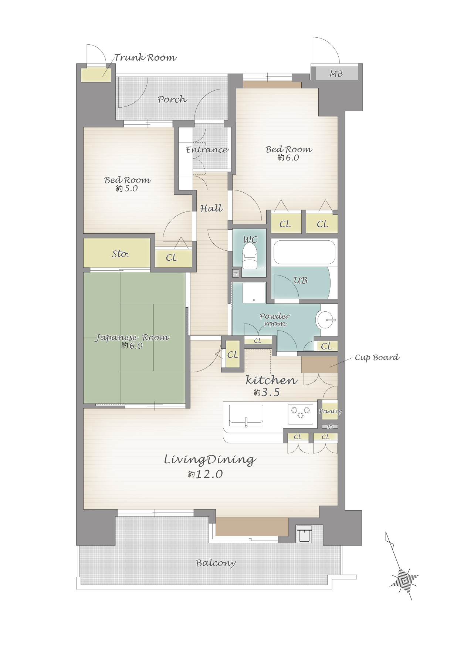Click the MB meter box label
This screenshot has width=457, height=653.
coord(336,74)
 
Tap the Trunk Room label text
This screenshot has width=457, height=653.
coord(145,57)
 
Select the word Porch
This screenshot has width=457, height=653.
coord(172,99)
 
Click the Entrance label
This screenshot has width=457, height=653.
coord(207,149)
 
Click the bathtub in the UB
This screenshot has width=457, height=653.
coord(304,252)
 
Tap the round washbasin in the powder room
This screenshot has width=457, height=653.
coord(325,319)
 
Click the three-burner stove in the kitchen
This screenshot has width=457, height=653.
coord(300,413)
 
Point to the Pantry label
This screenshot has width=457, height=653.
coord(330,411)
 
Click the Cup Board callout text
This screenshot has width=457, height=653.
coord(377,357)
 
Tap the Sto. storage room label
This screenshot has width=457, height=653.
coord(121,254)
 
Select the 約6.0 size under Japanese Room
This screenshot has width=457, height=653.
coord(132,345)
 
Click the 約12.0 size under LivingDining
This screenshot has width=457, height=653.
coord(205,474)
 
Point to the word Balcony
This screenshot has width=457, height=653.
coord(216,563)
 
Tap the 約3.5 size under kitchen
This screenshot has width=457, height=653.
coord(267,392)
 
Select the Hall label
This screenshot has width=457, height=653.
coord(211,208)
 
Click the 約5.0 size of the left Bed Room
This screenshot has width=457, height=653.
coord(127,188)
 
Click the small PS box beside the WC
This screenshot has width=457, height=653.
coord(236,274)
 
